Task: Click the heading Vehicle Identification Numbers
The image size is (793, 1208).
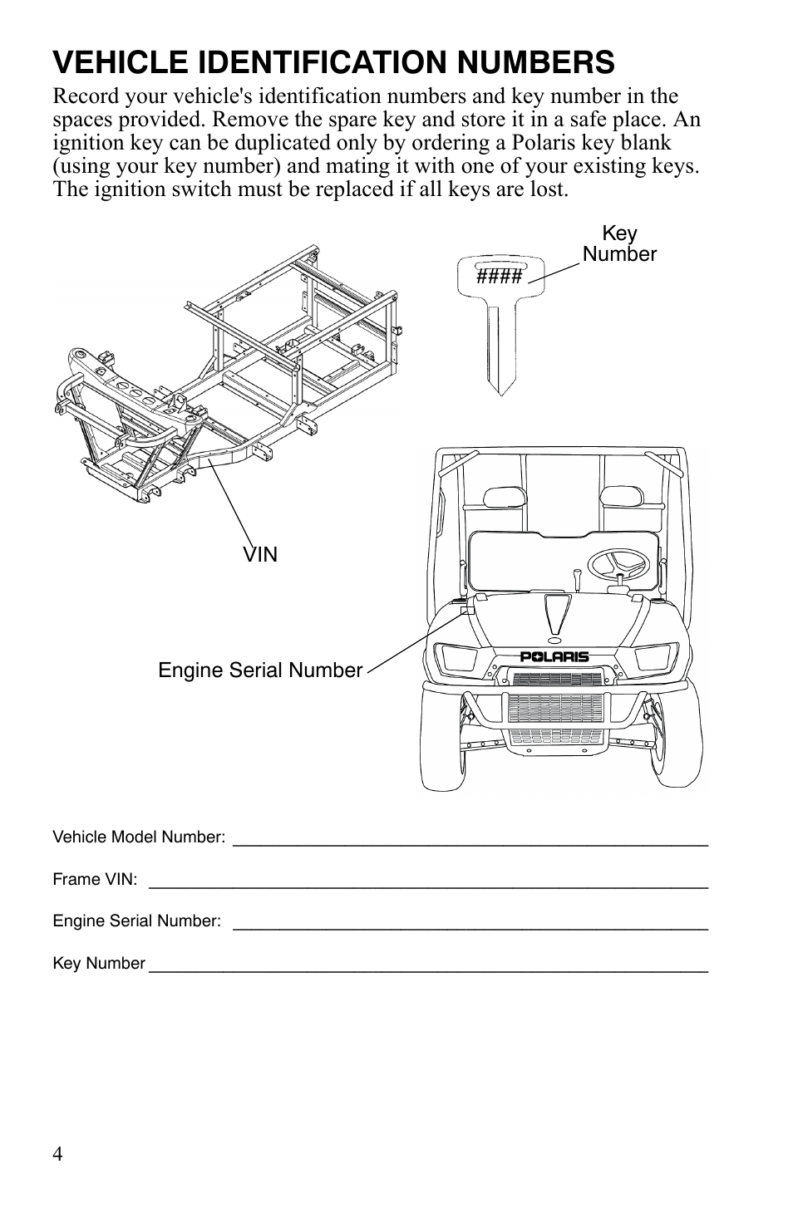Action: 333,62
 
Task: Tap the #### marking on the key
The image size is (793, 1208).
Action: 499,276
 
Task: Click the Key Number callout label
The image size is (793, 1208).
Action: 619,244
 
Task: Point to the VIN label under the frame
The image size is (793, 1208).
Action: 260,554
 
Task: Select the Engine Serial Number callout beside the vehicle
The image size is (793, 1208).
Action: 260,670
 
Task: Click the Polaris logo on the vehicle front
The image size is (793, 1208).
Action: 554,656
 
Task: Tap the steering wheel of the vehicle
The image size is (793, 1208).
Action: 618,564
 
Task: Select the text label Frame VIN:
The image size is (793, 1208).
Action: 95,879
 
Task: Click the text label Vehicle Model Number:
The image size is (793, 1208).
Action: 139,837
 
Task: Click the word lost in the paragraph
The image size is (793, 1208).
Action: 548,189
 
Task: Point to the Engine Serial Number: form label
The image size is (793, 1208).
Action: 137,921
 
